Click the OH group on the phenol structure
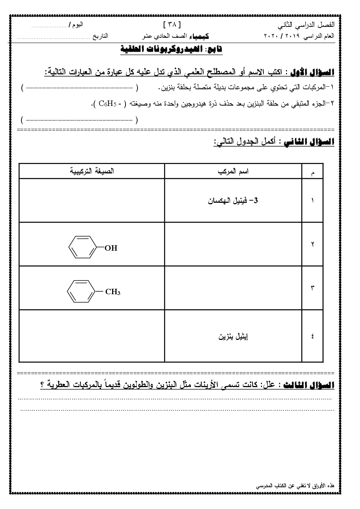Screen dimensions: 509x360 coord(111,248)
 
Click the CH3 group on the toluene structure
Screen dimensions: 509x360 coord(112,292)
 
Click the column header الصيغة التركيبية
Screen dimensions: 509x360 coord(92,171)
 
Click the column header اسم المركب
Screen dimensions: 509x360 coord(233,171)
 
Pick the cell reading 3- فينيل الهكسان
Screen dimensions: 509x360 coord(233,200)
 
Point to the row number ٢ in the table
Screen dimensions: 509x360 coord(312,244)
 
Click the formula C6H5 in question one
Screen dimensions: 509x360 coord(107,104)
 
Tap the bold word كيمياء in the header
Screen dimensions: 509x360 coord(201,36)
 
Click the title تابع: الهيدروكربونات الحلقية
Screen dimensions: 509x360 coord(171,49)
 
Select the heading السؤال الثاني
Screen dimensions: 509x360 coord(308,142)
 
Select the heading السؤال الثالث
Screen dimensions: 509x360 coord(308,385)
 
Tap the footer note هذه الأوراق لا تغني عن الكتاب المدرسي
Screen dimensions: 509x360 coord(295,485)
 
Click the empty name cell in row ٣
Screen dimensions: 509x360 coord(233,288)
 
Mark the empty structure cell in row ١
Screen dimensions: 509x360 coord(92,200)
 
